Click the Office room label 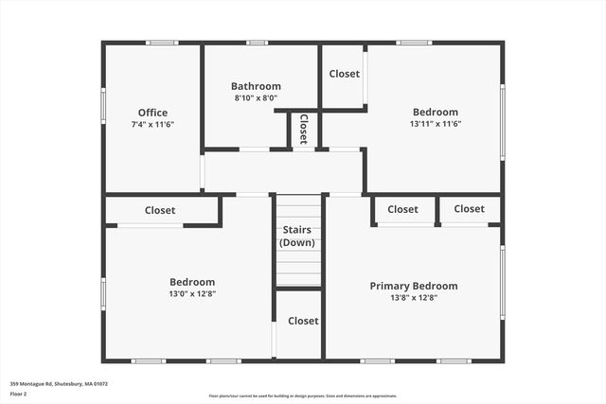click(x=152, y=113)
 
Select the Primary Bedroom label click(x=414, y=286)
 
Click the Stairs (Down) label click(x=298, y=237)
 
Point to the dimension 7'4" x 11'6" click(x=152, y=125)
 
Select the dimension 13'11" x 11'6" click(x=435, y=124)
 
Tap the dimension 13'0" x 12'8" click(x=192, y=294)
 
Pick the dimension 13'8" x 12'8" click(x=414, y=298)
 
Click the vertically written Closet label click(x=303, y=129)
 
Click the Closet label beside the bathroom click(x=344, y=74)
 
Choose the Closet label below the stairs click(x=303, y=321)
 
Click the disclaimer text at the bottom click(x=303, y=396)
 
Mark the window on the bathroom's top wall click(x=257, y=43)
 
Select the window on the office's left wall click(x=103, y=105)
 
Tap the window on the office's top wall click(x=162, y=43)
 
